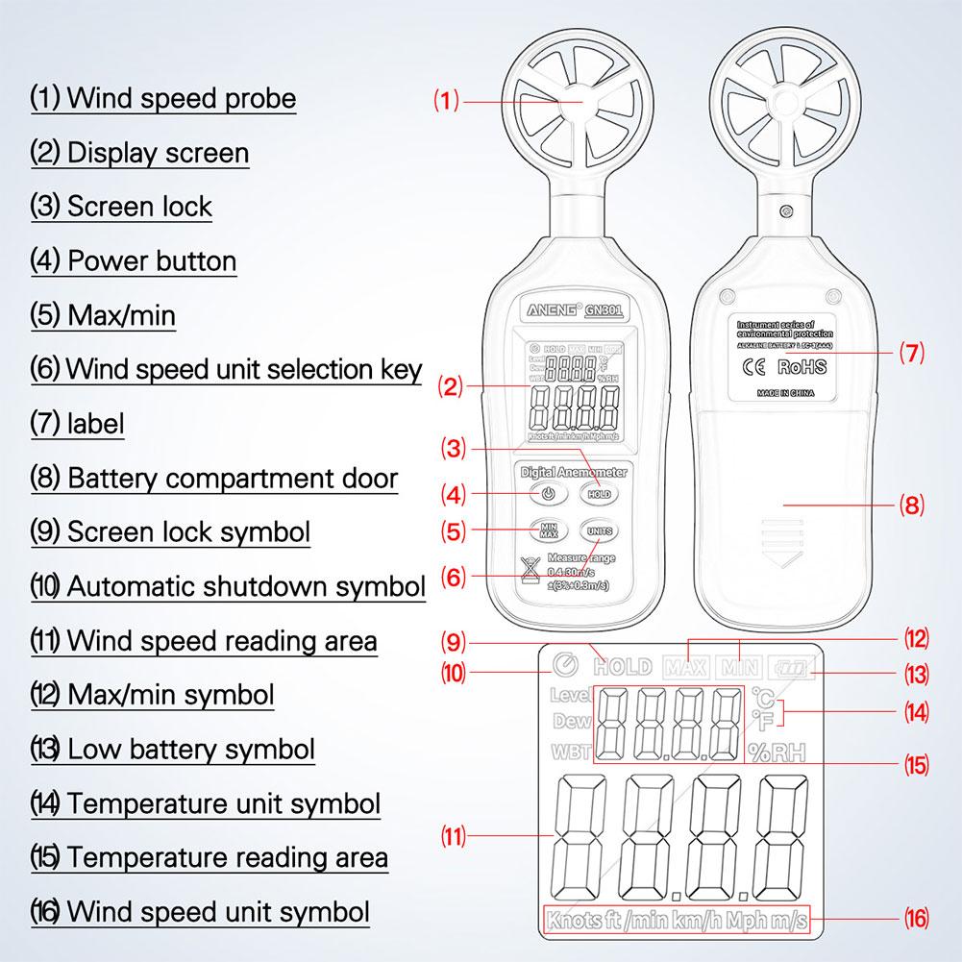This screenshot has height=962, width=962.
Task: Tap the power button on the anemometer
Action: pos(545,495)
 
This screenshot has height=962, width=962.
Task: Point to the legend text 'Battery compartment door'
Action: pos(232,479)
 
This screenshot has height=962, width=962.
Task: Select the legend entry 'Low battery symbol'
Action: pos(190,749)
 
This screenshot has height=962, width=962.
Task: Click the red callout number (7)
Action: pos(910,353)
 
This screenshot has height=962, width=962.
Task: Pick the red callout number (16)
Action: pos(916,920)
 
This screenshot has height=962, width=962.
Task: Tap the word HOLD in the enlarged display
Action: pos(623,666)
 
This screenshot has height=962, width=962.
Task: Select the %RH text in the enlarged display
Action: pos(777,752)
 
